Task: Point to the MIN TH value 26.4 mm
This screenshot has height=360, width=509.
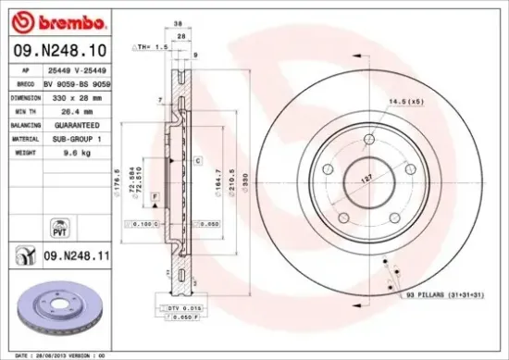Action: click(67, 109)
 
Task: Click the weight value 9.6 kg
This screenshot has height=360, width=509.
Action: click(65, 150)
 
